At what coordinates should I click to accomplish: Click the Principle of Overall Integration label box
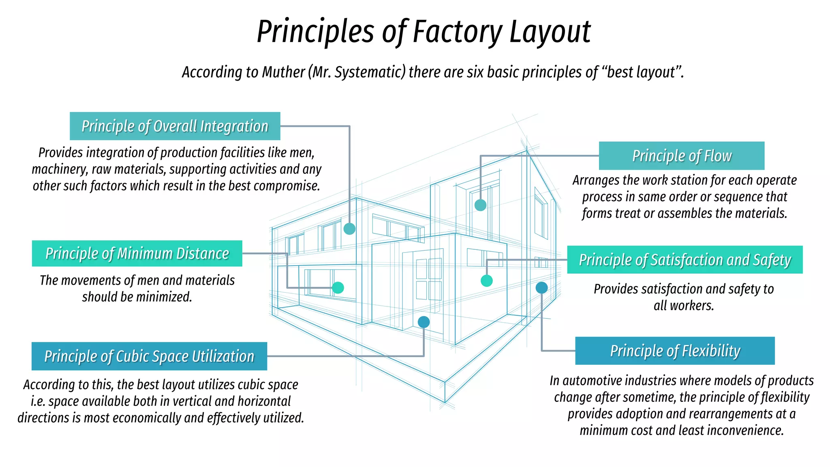[x=175, y=126]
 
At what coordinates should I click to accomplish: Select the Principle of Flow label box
[x=682, y=156]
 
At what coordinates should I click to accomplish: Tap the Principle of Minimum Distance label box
[x=137, y=253]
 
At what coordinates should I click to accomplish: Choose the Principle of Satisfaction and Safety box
[x=685, y=259]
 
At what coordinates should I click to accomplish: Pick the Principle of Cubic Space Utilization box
[x=149, y=356]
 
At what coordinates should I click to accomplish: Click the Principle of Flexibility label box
[x=675, y=351]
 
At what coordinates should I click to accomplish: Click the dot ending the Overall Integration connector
[x=349, y=229]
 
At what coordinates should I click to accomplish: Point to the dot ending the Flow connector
[x=480, y=205]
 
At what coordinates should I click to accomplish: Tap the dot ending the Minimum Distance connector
[x=338, y=288]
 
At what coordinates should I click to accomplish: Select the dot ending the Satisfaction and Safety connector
[x=486, y=281]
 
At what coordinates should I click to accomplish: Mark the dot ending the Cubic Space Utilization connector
[x=424, y=322]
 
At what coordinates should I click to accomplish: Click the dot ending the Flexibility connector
[x=541, y=288]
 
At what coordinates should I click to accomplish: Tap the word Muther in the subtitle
[x=283, y=72]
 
